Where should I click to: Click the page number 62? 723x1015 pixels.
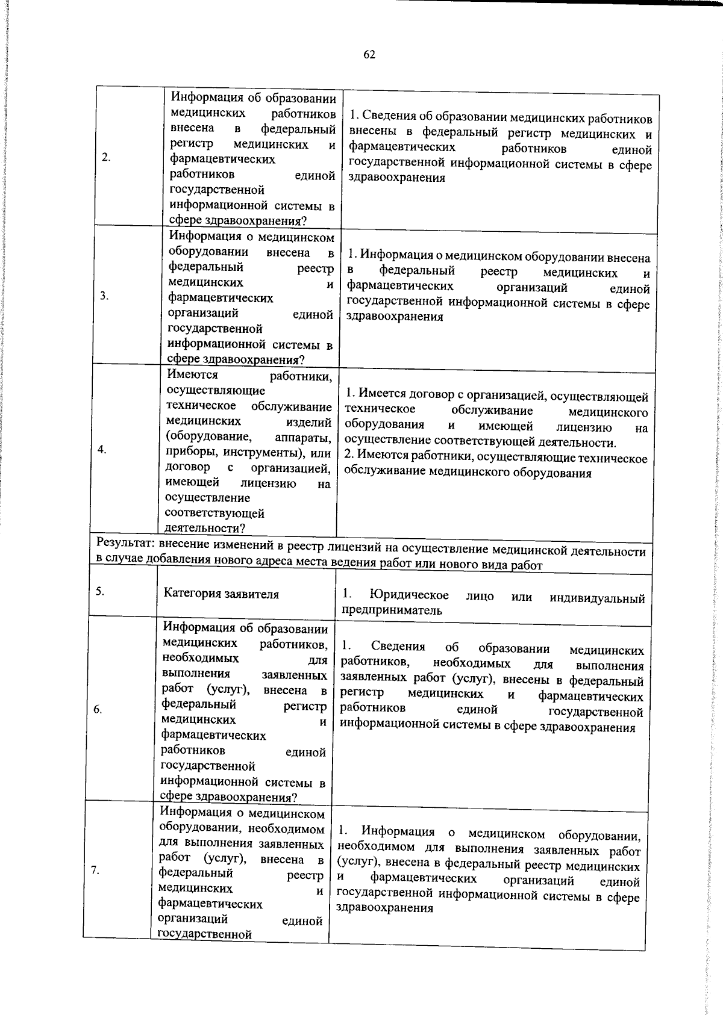tap(369, 55)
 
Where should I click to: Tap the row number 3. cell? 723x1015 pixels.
tap(104, 296)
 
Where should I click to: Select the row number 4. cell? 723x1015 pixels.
tap(102, 450)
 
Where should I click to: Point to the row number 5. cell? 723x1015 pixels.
tap(100, 591)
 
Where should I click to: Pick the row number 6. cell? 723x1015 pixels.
tap(98, 709)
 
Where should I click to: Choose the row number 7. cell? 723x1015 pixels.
tap(95, 870)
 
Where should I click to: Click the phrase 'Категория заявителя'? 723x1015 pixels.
tap(221, 594)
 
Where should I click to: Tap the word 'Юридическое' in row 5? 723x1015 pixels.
tap(410, 595)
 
